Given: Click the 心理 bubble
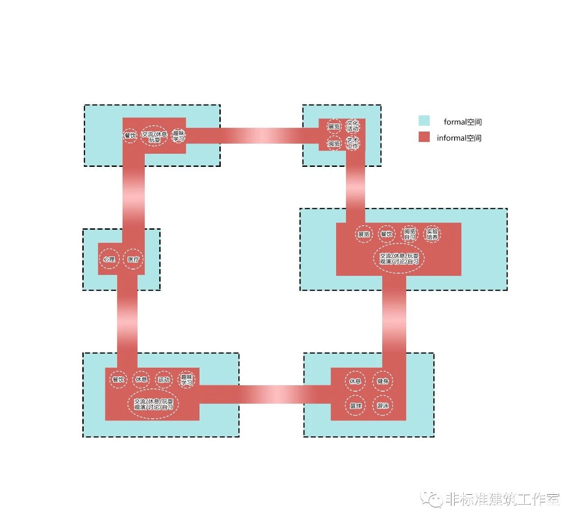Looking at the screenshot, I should (109, 260).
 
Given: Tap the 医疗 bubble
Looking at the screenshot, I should (133, 260).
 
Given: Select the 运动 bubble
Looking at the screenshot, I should (164, 380).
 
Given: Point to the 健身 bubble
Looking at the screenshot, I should (383, 381).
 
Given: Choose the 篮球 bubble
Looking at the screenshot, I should (356, 406).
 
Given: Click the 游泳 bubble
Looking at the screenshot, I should (383, 406).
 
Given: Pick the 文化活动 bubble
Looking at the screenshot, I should (352, 126).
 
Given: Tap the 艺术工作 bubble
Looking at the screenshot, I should (352, 143).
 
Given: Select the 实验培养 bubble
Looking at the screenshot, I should (432, 234).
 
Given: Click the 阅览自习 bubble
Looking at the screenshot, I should (410, 234).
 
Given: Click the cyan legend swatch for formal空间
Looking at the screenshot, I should (424, 121).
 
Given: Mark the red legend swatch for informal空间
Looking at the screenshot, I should (424, 137).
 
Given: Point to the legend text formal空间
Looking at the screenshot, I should (463, 122).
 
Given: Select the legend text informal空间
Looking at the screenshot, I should (459, 138).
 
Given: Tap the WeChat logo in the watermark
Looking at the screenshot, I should (431, 499).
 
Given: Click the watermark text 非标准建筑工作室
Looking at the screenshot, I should (503, 499).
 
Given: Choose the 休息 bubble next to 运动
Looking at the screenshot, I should (142, 380).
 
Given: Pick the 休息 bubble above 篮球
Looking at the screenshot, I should (356, 381).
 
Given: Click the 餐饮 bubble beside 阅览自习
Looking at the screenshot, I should (386, 234).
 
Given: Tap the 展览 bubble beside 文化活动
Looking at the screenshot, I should (334, 127).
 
